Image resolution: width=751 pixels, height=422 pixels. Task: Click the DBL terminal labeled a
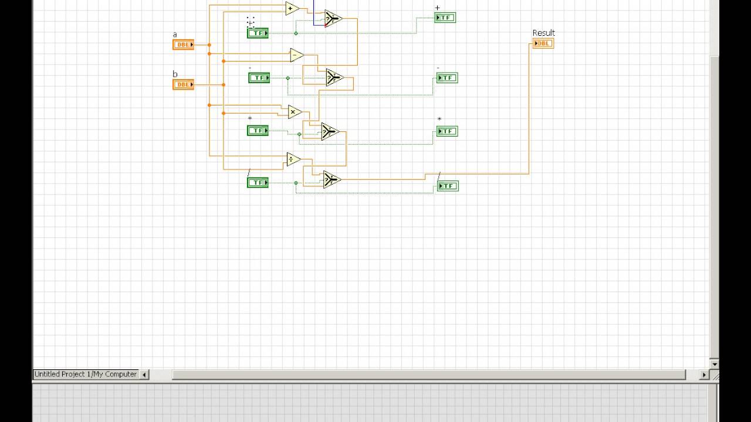pos(183,45)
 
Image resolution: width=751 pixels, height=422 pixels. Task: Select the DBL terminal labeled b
pos(183,84)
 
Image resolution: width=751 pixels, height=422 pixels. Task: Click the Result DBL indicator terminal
pos(543,43)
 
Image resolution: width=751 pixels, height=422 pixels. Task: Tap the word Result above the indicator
pos(543,33)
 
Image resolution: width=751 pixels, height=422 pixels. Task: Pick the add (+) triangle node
pos(292,8)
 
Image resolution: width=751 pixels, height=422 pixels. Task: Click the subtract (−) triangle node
pos(296,55)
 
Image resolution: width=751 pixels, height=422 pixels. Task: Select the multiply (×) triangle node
pos(295,111)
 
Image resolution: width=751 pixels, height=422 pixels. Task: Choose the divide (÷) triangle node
pos(293,159)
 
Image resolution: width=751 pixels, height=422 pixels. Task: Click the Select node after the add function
pos(333,19)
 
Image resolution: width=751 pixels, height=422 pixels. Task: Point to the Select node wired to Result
pos(331,179)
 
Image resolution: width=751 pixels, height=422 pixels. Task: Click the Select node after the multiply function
pos(330,132)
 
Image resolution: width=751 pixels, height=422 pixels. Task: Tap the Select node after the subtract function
pos(334,77)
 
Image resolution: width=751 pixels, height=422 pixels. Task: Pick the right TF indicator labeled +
pos(445,18)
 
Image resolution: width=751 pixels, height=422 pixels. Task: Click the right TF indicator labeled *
pos(447,131)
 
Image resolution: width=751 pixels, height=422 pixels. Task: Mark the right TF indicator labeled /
pos(448,186)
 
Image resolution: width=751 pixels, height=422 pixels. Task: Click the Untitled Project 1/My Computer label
pos(86,374)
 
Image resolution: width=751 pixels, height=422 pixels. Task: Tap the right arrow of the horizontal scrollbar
pos(705,375)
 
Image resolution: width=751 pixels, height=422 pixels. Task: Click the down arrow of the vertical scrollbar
pos(714,364)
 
